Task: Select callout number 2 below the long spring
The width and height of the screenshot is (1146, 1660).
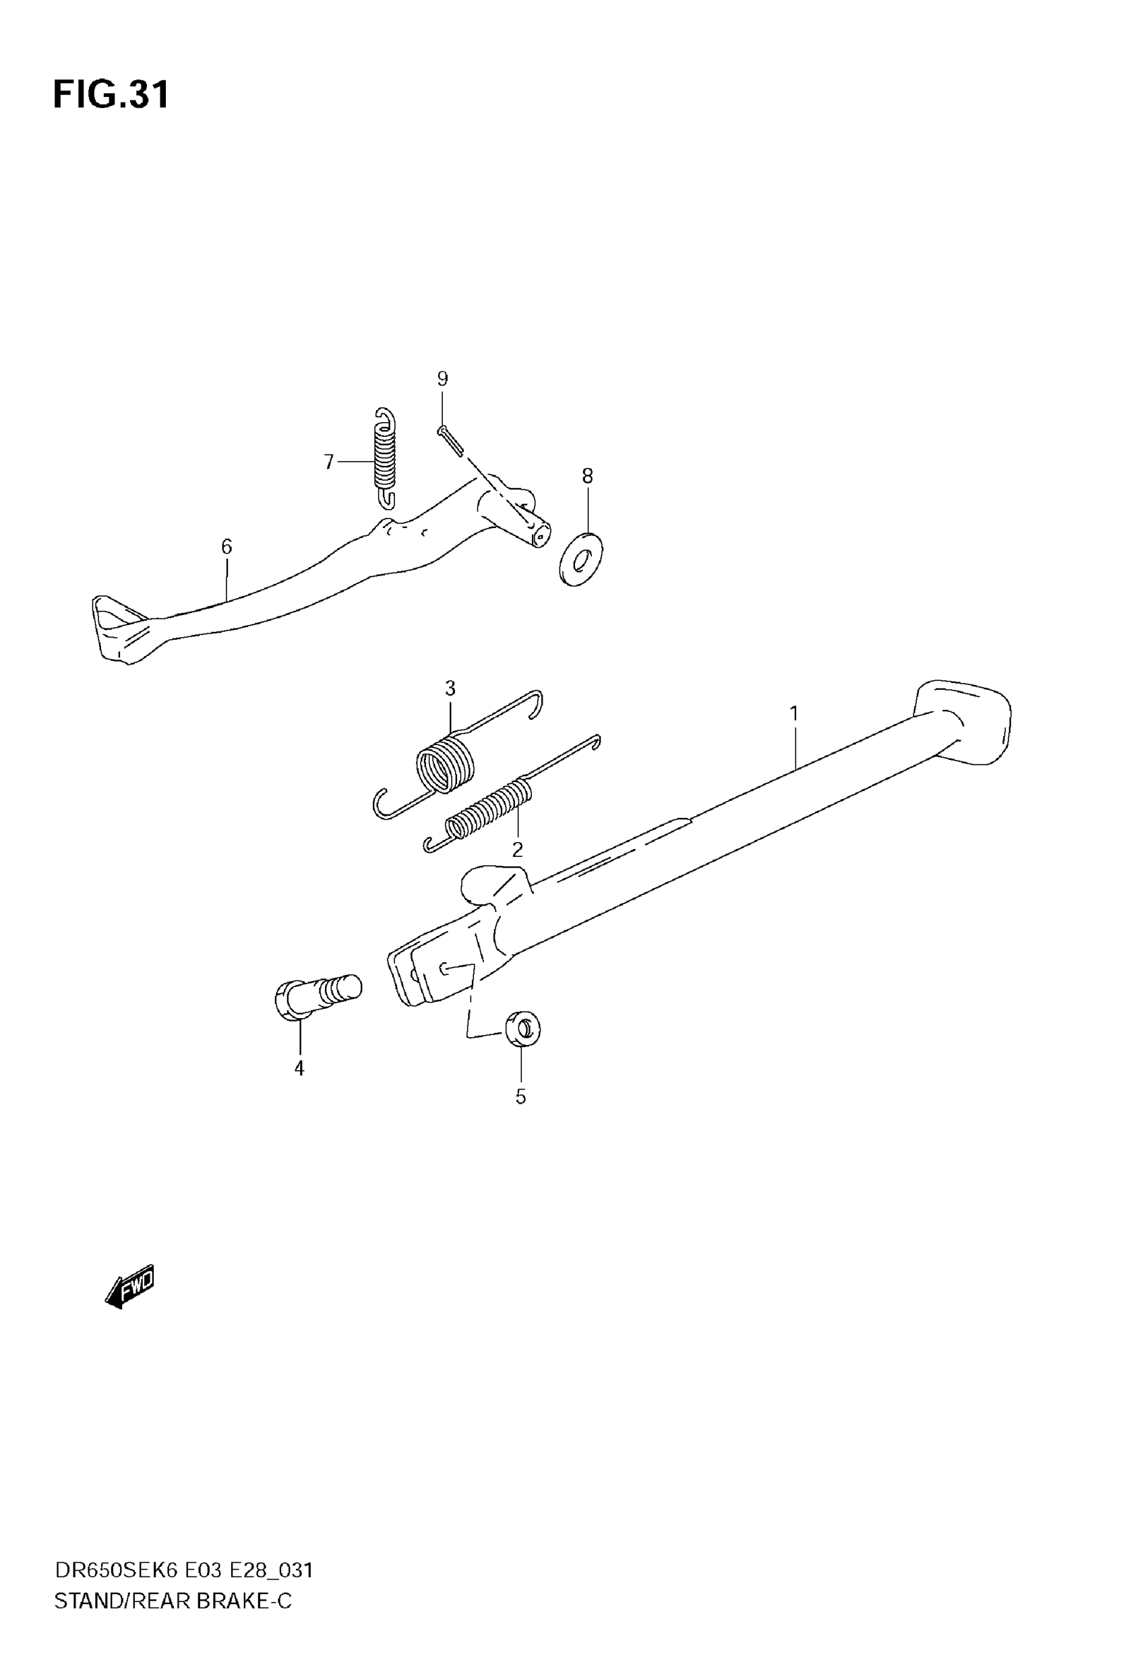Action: click(x=517, y=850)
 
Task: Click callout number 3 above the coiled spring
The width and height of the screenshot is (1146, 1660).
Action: click(x=450, y=688)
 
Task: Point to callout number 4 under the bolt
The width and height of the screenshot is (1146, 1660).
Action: click(x=299, y=1069)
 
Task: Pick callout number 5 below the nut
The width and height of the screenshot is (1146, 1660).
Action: click(x=520, y=1096)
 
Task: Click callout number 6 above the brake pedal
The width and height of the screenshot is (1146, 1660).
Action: click(x=227, y=547)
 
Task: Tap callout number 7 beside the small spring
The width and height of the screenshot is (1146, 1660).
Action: click(x=329, y=462)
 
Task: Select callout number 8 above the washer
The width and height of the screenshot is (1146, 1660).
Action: click(x=587, y=475)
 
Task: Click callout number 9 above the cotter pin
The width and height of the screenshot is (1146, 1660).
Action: click(x=442, y=378)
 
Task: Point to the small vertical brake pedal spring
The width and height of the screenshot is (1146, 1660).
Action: click(x=386, y=458)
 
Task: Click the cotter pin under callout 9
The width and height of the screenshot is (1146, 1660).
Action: click(x=451, y=440)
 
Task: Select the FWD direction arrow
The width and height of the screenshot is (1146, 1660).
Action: click(x=130, y=1286)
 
